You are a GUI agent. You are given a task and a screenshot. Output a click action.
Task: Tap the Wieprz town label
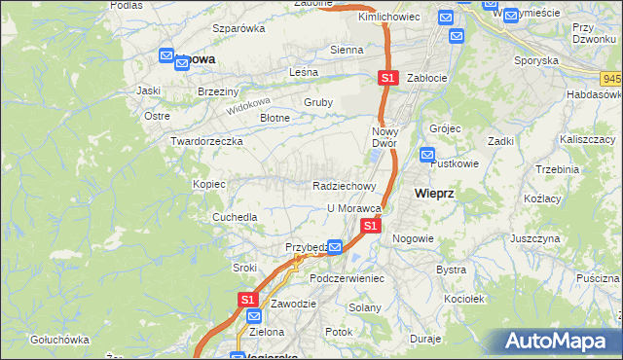434,194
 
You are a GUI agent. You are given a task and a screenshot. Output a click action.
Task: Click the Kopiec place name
209,184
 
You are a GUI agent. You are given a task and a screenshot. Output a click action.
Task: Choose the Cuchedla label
235,217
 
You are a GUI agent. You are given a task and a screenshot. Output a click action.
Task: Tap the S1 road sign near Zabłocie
387,77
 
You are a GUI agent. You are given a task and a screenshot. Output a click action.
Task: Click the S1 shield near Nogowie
370,226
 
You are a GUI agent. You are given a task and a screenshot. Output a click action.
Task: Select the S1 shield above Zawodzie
247,299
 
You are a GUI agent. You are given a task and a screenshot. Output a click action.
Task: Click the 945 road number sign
611,78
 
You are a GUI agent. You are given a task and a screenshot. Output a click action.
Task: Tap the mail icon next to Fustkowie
427,154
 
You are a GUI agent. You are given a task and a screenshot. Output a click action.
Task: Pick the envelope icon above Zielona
253,316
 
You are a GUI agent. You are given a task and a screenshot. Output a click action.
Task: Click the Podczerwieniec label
348,278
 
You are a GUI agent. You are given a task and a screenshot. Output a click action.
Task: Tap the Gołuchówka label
59,340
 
